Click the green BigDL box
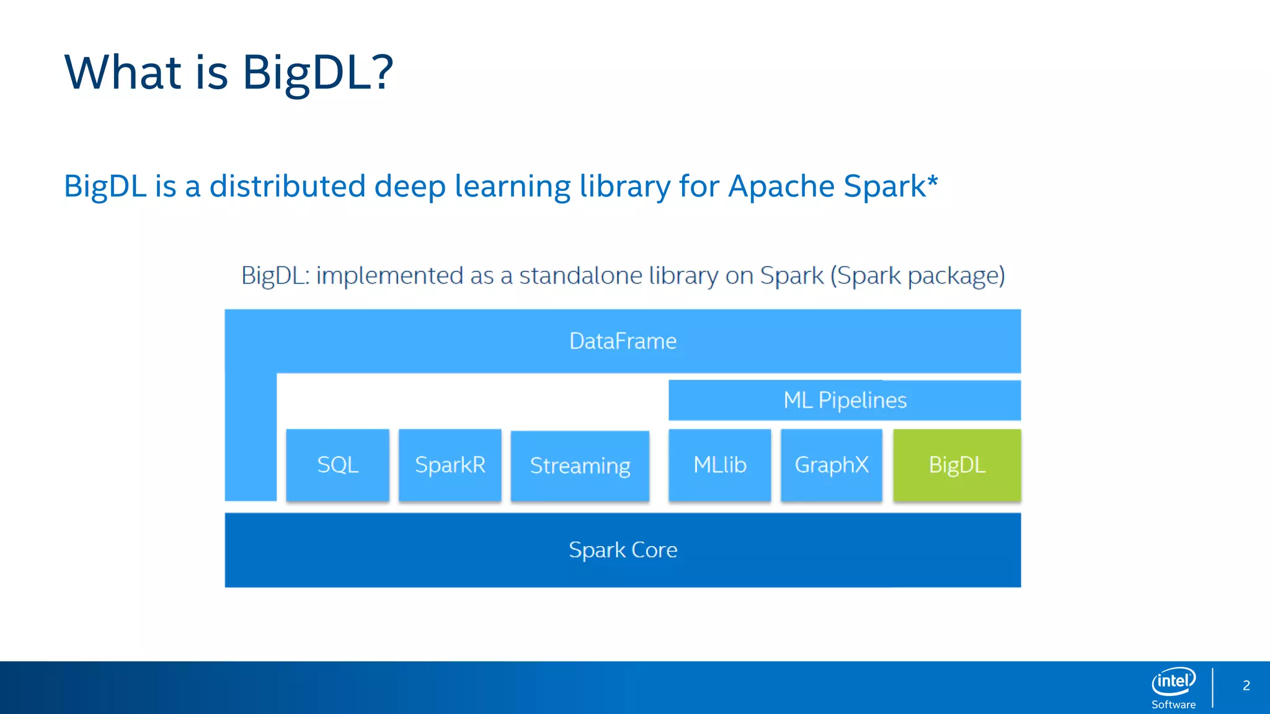tap(957, 465)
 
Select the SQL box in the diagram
tap(338, 465)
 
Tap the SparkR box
tap(450, 465)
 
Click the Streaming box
tap(580, 465)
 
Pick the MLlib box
tap(720, 465)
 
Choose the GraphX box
tap(832, 465)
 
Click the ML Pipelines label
tap(845, 400)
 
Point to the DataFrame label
tap(623, 342)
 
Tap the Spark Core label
tap(623, 550)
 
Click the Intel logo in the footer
tap(1173, 682)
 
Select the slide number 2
tap(1246, 685)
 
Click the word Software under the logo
tap(1173, 705)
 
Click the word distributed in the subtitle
tap(287, 186)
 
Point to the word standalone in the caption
tap(580, 275)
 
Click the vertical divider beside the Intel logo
tap(1213, 687)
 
